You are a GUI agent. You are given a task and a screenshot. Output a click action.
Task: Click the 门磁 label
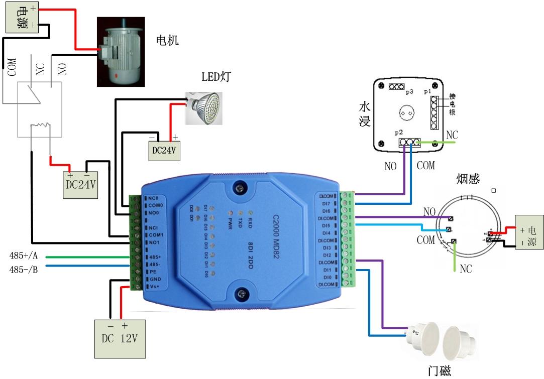click(x=439, y=370)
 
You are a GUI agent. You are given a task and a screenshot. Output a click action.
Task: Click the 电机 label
click(x=168, y=40)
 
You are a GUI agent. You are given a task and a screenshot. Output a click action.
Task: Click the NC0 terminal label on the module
click(x=153, y=198)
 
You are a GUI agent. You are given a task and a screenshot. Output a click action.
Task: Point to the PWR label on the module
click(x=230, y=223)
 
